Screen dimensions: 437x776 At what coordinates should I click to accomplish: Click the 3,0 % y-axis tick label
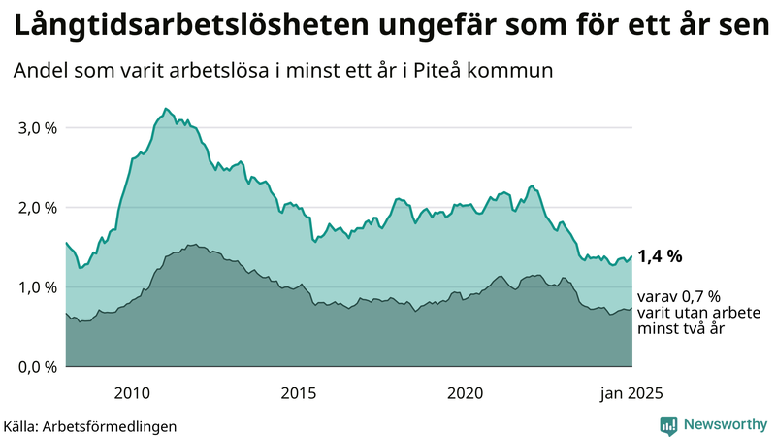[x=36, y=128]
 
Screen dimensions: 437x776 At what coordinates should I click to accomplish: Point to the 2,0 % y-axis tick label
[x=36, y=208]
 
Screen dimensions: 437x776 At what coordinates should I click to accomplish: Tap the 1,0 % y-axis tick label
[x=36, y=287]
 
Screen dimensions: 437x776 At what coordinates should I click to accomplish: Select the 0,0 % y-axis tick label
[x=36, y=367]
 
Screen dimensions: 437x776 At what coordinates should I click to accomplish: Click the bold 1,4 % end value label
[x=660, y=257]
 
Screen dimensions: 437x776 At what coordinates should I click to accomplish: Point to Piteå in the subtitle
[x=462, y=71]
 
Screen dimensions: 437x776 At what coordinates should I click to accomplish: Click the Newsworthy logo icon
[x=668, y=424]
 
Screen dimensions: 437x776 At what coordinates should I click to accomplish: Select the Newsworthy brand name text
[x=725, y=424]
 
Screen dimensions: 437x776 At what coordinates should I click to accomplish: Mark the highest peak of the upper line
[x=166, y=109]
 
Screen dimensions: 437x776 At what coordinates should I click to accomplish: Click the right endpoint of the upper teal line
[x=631, y=256]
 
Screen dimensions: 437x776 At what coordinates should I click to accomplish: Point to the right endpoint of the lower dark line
[x=631, y=309]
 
